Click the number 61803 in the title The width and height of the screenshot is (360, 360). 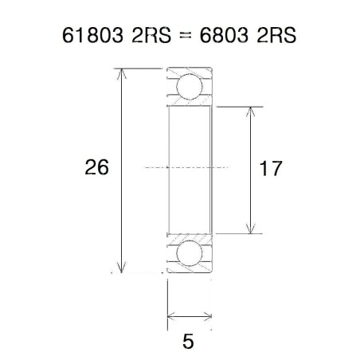pos(91,37)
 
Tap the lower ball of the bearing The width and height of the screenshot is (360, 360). pos(190,253)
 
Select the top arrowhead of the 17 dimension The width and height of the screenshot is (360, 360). pos(252,112)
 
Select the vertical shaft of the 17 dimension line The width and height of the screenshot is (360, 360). pos(252,169)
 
